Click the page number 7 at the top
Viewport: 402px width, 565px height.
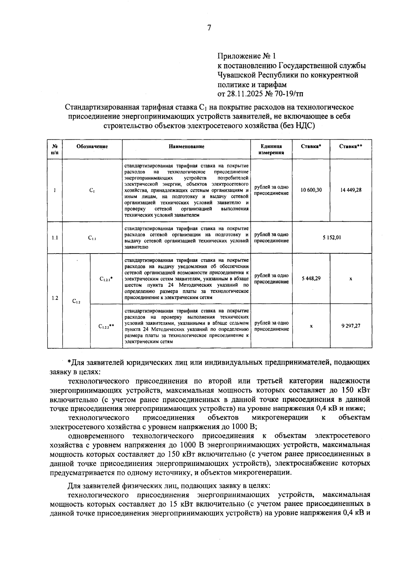point(209,28)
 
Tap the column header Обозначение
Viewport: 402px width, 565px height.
point(92,146)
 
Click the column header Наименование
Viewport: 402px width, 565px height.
point(187,146)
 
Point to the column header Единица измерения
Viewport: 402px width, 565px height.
point(271,149)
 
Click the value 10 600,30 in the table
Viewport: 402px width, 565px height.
point(311,190)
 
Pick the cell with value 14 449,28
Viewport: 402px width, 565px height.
point(350,190)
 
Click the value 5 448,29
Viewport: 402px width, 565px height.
point(311,278)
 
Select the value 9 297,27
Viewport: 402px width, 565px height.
point(350,326)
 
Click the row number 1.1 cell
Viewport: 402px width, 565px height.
point(55,238)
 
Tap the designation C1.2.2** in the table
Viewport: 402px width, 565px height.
point(106,326)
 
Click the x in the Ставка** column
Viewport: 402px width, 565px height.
point(350,279)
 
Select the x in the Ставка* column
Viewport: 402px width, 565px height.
point(311,326)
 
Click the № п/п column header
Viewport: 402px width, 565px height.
point(55,149)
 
